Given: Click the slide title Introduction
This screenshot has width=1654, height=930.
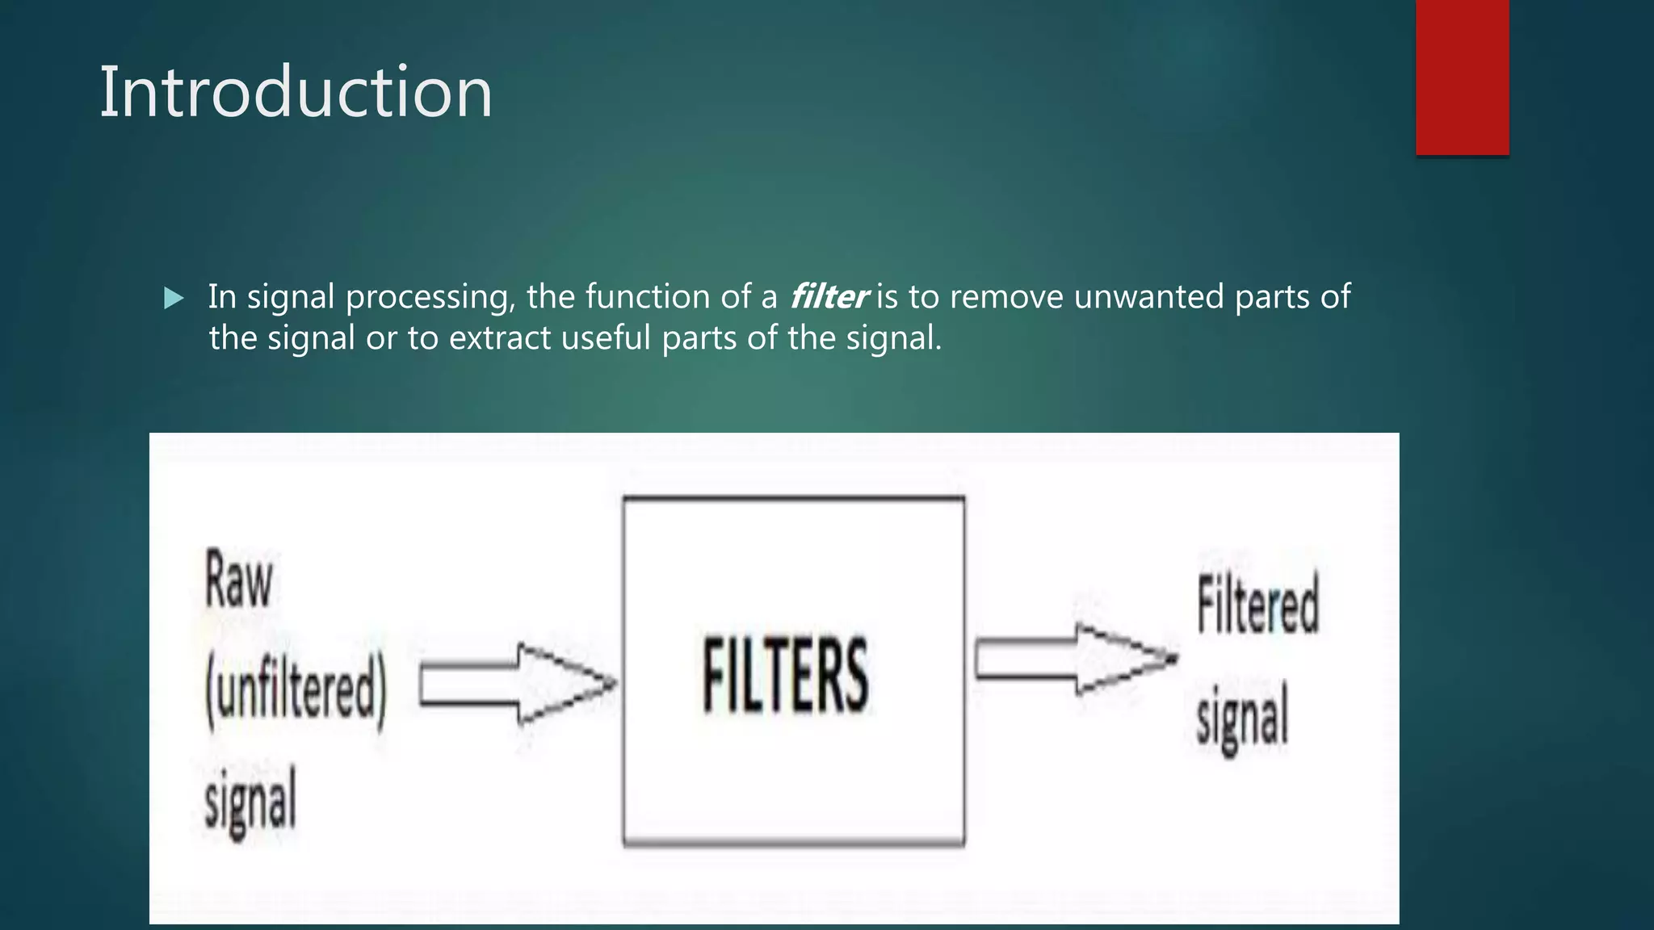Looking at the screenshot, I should coord(296,92).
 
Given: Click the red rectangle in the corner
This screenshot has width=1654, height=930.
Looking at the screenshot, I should coord(1462,77).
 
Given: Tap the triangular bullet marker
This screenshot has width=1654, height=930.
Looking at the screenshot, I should coord(174,299).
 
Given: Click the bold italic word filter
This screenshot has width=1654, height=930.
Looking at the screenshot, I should coord(828,297).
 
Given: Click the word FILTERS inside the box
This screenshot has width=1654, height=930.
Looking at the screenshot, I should coord(785,675).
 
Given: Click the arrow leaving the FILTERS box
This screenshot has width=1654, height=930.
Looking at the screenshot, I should coord(1074,660).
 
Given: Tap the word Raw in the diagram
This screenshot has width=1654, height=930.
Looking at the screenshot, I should coord(239,580).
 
